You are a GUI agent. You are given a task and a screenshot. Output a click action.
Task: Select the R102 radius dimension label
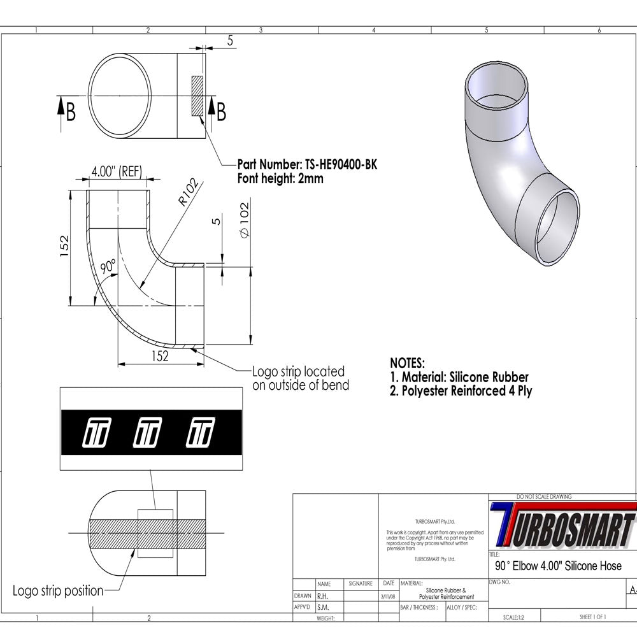tap(189, 193)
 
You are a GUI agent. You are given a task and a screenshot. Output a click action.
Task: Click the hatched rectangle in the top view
tap(197, 96)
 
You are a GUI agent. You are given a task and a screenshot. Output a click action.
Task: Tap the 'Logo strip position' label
tap(58, 590)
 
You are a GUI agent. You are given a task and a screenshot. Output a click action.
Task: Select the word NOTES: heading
tap(407, 364)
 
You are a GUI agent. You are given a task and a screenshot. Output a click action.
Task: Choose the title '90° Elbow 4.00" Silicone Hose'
tap(558, 566)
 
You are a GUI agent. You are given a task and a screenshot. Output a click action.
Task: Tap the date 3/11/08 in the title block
tap(387, 597)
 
